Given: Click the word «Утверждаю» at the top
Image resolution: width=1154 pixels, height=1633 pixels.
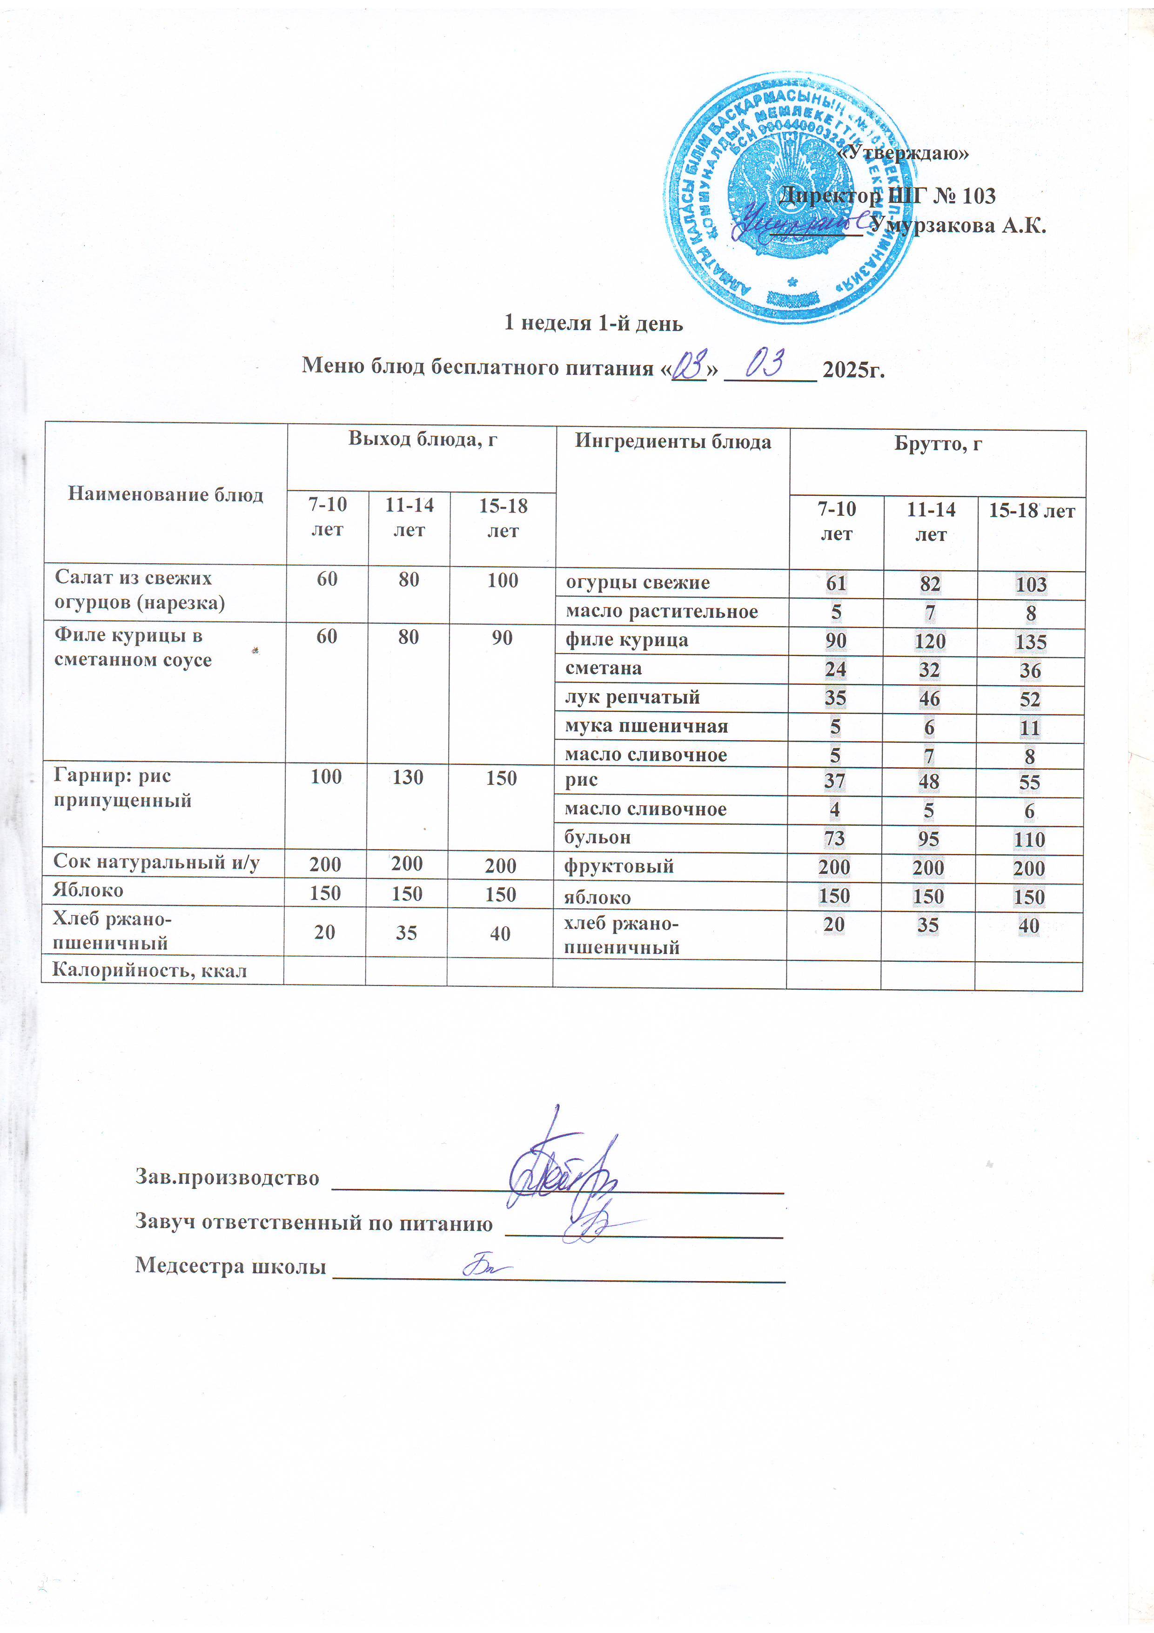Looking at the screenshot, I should pyautogui.click(x=903, y=153).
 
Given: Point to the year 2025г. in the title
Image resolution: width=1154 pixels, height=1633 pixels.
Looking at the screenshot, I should pyautogui.click(x=853, y=370).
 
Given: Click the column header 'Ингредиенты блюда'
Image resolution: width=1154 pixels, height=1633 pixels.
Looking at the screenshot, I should pyautogui.click(x=673, y=442).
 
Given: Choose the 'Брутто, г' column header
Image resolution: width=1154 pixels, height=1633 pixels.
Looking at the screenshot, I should pyautogui.click(x=938, y=445).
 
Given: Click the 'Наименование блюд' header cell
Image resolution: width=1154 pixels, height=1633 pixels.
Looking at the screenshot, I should pyautogui.click(x=165, y=494).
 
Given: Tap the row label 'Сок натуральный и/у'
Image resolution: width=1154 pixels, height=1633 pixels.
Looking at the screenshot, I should pyautogui.click(x=156, y=863).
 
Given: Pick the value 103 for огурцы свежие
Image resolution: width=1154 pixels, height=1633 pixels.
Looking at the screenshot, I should pyautogui.click(x=1031, y=585).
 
